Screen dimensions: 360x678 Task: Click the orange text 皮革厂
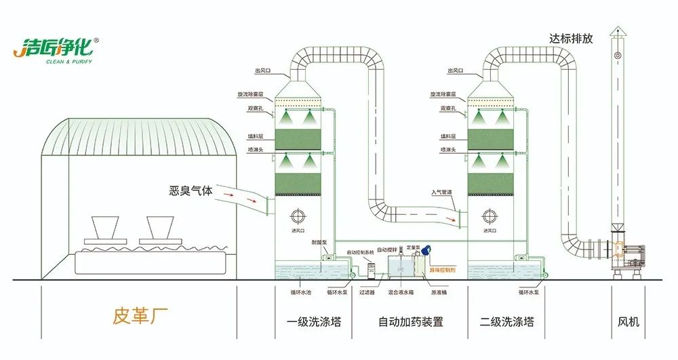[x=138, y=316]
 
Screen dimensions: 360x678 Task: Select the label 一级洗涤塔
[x=314, y=321]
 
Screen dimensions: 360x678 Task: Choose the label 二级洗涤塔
[x=506, y=321]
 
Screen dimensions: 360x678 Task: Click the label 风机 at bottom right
[x=629, y=321]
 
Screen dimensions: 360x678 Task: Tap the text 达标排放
[x=571, y=39]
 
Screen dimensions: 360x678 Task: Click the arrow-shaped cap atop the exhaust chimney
[x=617, y=31]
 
